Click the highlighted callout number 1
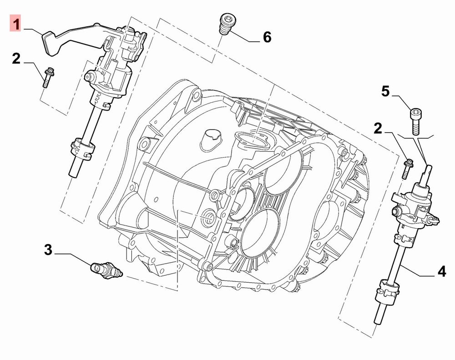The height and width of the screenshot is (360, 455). [x=15, y=23]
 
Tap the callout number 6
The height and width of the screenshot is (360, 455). [x=267, y=37]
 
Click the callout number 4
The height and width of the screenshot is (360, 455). [x=441, y=272]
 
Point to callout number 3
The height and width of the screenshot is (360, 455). [x=48, y=250]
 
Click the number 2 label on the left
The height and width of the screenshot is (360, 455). [x=16, y=58]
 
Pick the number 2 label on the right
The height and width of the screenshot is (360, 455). [x=378, y=128]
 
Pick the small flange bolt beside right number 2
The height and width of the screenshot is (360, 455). [x=407, y=168]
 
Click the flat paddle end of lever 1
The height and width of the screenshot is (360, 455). [x=51, y=44]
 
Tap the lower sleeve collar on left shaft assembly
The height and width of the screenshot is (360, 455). [x=82, y=149]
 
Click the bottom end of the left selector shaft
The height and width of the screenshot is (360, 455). [x=73, y=174]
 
